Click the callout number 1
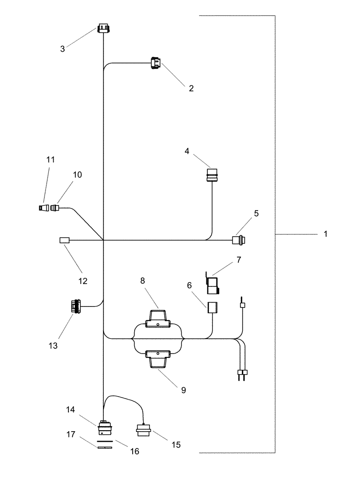coord(325,234)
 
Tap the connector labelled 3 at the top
coord(103,29)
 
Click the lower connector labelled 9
coord(158,359)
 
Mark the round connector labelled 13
coord(75,306)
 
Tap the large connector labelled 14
coord(104,427)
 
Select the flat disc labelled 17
coord(104,447)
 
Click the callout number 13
coord(53,345)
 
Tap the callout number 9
coord(183,390)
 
